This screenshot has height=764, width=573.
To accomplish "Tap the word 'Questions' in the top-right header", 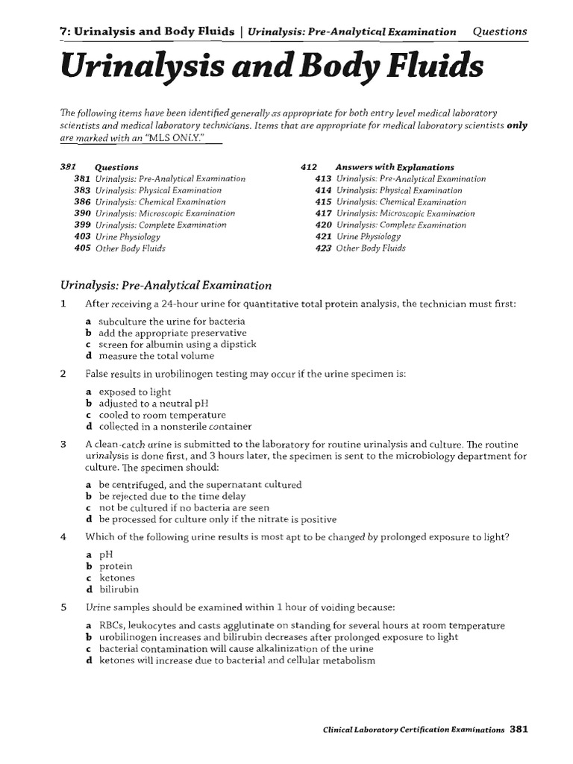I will [500, 31].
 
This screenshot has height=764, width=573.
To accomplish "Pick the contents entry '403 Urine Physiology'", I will [117, 237].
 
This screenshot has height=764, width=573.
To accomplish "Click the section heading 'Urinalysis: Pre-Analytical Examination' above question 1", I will [165, 285].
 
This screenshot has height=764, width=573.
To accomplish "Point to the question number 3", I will [63, 444].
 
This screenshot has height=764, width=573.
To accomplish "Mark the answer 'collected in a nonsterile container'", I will [175, 427].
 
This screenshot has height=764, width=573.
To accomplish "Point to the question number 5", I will [63, 608].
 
